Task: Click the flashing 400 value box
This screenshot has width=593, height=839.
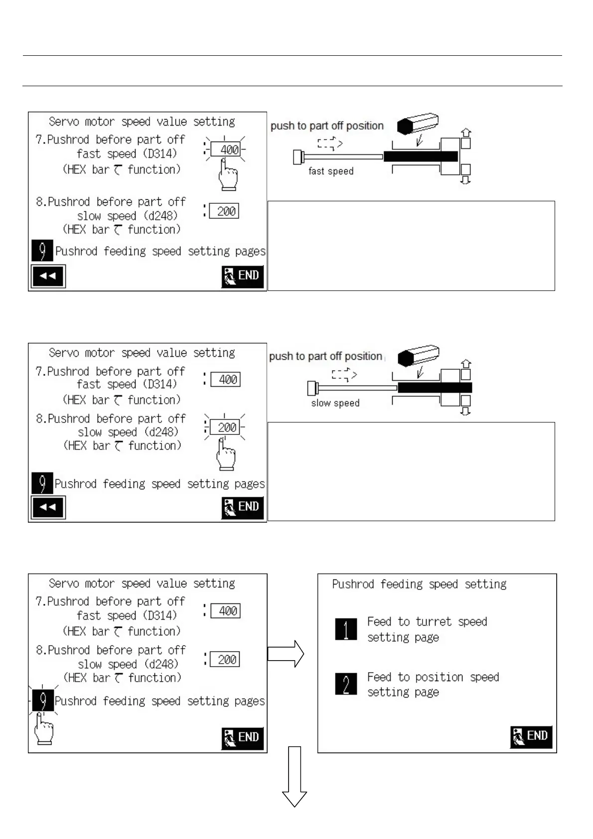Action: pos(225,149)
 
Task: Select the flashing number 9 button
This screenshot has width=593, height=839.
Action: pos(43,700)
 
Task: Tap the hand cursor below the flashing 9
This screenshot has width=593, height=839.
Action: pos(43,730)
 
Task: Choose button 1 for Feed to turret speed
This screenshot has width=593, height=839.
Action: pos(346,629)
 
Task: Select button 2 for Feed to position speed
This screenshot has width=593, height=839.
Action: pos(346,684)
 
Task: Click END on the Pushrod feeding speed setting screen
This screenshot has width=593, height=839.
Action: pos(531,736)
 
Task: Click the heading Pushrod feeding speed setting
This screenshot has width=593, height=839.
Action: pos(419,584)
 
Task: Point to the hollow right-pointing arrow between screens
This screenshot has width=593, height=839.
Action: pos(286,654)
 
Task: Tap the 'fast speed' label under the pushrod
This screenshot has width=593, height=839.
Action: pos(331,171)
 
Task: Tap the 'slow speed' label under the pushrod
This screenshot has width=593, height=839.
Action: pos(335,403)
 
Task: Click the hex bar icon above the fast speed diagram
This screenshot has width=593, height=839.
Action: pos(418,123)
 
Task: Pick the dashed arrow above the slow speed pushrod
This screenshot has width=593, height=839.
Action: pos(344,375)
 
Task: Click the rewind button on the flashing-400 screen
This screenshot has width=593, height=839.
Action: pos(48,276)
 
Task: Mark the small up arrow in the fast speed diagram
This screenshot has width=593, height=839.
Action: pos(466,133)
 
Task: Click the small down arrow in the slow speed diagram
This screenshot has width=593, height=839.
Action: pos(465,412)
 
